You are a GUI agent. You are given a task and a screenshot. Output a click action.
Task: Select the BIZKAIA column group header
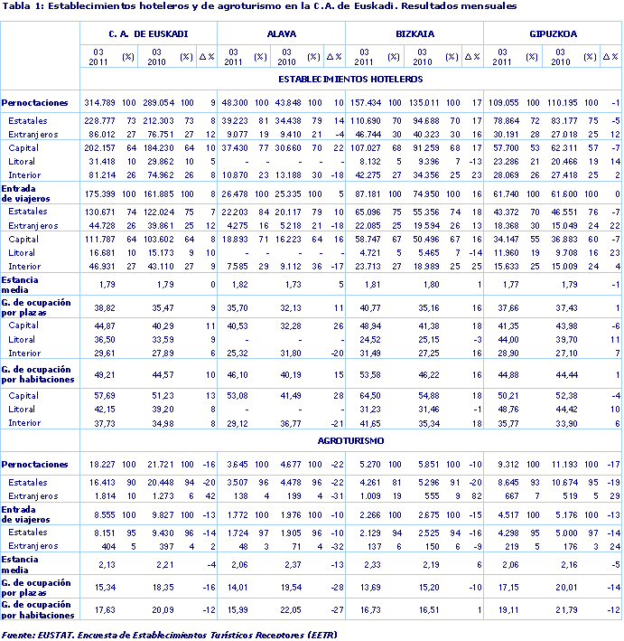pyautogui.click(x=414, y=33)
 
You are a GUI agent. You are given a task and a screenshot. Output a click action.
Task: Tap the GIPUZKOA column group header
pyautogui.click(x=553, y=33)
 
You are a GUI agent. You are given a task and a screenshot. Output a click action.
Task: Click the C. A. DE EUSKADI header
pyautogui.click(x=148, y=33)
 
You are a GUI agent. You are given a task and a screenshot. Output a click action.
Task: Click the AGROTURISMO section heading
pyautogui.click(x=351, y=441)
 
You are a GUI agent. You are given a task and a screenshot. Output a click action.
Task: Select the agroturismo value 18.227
pyautogui.click(x=104, y=464)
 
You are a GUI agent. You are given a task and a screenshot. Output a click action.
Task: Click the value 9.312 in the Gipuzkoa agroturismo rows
pyautogui.click(x=508, y=464)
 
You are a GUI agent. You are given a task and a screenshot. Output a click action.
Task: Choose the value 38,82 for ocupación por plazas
pyautogui.click(x=106, y=308)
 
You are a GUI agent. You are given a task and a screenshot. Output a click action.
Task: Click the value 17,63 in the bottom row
pyautogui.click(x=106, y=609)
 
